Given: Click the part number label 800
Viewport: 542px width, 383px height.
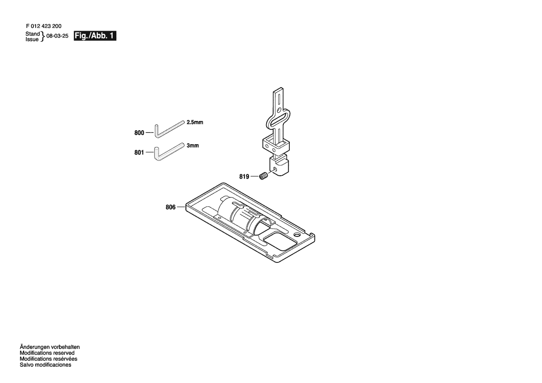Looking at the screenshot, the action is click(x=139, y=133).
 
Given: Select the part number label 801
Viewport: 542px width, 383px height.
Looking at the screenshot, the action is click(x=139, y=153).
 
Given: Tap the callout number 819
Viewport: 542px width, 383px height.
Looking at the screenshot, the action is click(x=244, y=177).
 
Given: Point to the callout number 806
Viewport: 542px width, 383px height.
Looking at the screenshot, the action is click(x=171, y=207).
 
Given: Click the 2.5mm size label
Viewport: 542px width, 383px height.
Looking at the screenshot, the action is click(x=195, y=122).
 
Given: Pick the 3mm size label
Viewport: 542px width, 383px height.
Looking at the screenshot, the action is click(x=193, y=146).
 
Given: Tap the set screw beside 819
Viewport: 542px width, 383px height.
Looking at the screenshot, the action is click(x=264, y=177).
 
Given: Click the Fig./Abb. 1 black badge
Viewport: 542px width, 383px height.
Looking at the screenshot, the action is click(x=95, y=36).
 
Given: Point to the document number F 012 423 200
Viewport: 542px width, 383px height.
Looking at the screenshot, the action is click(x=44, y=26).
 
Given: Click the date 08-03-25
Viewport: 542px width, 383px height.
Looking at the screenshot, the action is click(x=57, y=36).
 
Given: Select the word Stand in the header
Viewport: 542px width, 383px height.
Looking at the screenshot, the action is click(x=32, y=34).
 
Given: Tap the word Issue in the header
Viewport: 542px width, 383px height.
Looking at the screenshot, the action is click(x=32, y=39).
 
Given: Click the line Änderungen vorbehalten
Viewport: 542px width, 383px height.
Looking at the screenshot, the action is click(x=50, y=347).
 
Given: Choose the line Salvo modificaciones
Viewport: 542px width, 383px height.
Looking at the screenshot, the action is click(x=45, y=364).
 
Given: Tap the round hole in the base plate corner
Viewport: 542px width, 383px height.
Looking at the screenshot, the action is click(x=296, y=235).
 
